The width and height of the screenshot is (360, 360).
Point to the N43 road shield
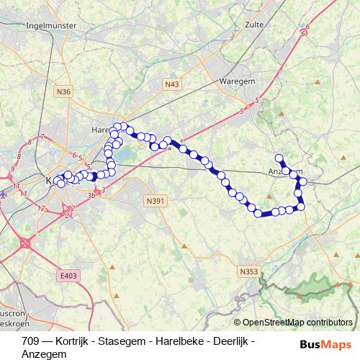(x=171, y=84)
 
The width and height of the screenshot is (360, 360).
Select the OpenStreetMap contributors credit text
(x=297, y=322)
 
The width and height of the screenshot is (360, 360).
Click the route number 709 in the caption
(x=30, y=340)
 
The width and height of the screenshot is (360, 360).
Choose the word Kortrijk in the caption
(x=68, y=340)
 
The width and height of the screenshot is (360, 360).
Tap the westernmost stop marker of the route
(x=57, y=181)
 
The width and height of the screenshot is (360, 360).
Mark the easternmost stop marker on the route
(x=301, y=207)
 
